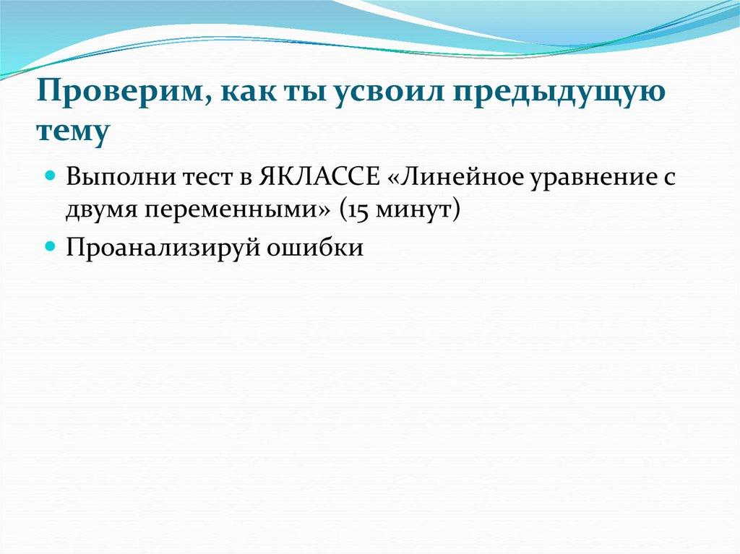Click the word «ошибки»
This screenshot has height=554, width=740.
pyautogui.click(x=315, y=246)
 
